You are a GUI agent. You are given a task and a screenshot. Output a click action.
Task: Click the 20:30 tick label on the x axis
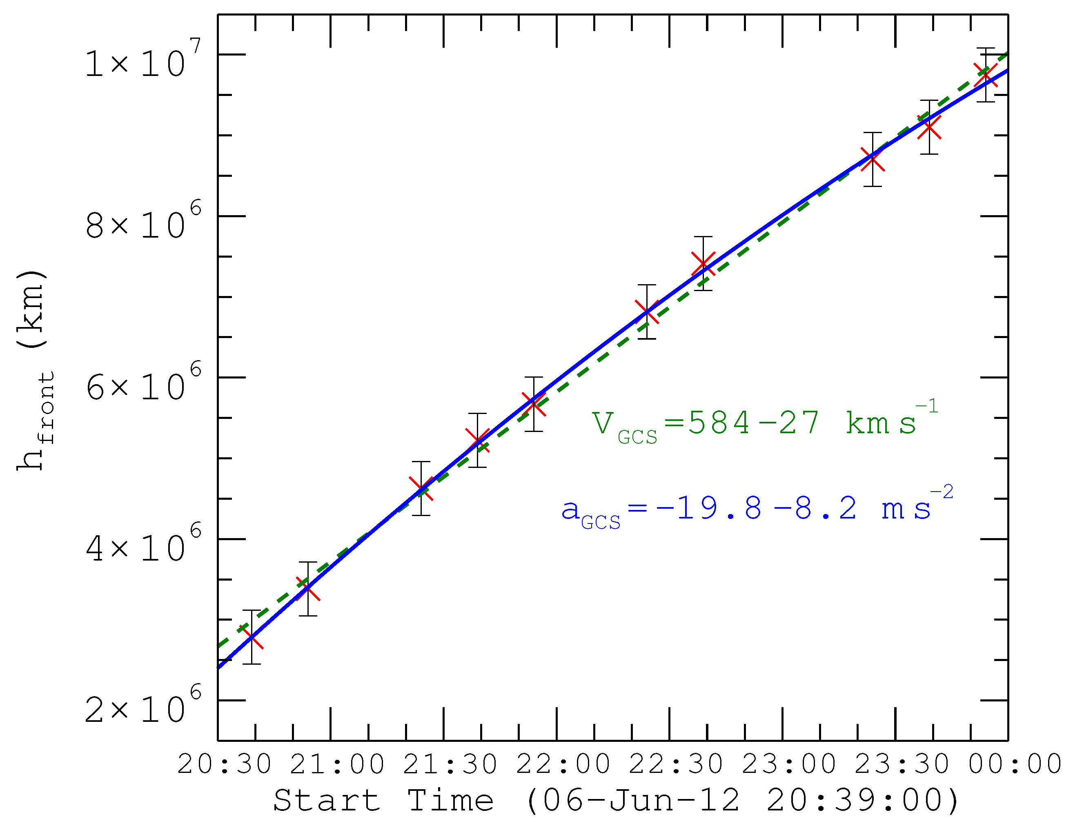224,765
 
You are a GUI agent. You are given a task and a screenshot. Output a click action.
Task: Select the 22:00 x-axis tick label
563,765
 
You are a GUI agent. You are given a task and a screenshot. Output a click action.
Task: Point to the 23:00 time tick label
789,765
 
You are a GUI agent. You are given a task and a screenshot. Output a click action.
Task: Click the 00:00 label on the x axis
1015,765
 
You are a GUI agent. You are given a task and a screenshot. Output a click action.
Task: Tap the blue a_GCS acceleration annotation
757,510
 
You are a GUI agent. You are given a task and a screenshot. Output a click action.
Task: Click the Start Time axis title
616,801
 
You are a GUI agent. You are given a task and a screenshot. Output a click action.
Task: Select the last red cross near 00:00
986,75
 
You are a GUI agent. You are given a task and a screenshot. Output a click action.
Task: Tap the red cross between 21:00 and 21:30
421,488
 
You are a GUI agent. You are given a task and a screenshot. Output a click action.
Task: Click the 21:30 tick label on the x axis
450,765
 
